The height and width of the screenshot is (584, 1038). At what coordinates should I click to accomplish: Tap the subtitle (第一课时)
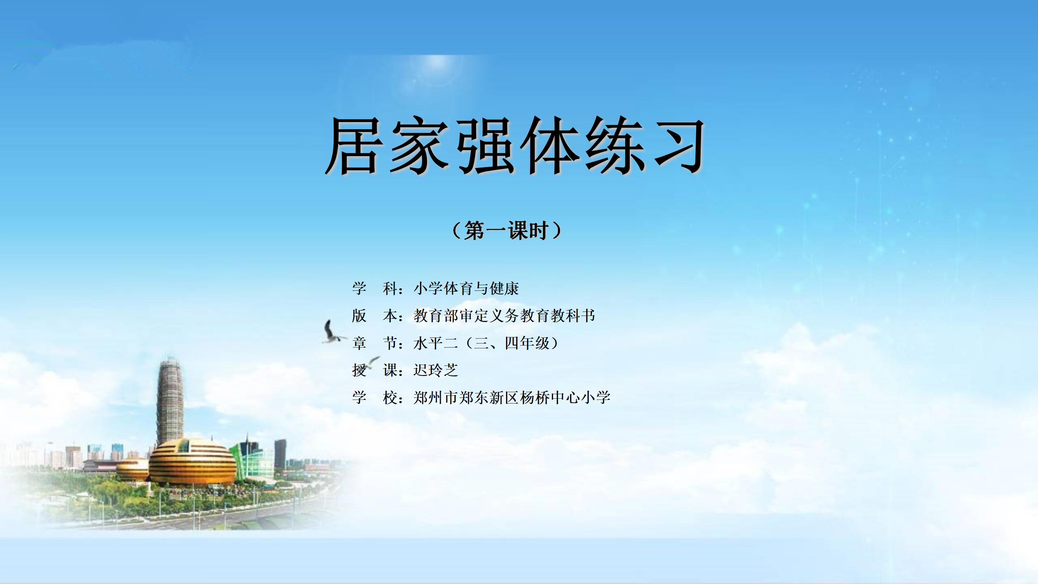coord(506,230)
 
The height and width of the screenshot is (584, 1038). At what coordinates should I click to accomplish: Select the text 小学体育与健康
coord(466,288)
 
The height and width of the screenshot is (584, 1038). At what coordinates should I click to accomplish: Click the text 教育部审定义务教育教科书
coord(504,316)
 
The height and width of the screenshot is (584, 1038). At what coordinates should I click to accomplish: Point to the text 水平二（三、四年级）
coord(487,343)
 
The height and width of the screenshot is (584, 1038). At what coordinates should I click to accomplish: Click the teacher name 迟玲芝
coord(436,370)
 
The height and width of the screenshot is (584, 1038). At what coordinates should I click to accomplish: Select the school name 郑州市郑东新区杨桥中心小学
coord(512,397)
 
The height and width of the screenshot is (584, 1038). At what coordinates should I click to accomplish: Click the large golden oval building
coord(192,462)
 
